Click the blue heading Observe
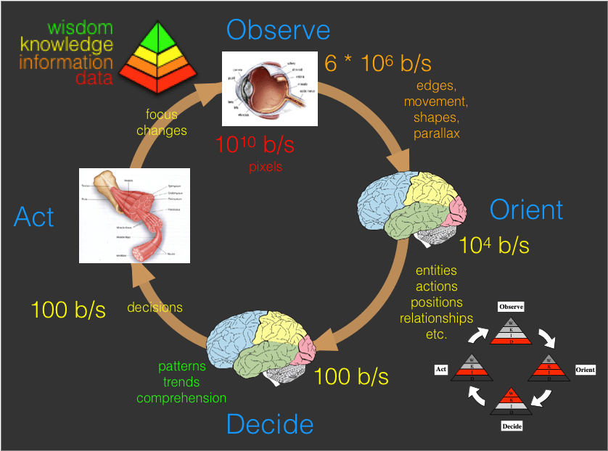278,30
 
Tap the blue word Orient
526,210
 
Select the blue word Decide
270,424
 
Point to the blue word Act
34,215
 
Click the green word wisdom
80,28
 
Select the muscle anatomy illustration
133,215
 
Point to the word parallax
437,133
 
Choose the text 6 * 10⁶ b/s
377,63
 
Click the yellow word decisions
155,307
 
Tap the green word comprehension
181,398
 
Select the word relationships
436,318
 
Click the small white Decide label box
512,426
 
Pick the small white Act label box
440,369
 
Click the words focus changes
162,123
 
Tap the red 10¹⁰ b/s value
254,144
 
